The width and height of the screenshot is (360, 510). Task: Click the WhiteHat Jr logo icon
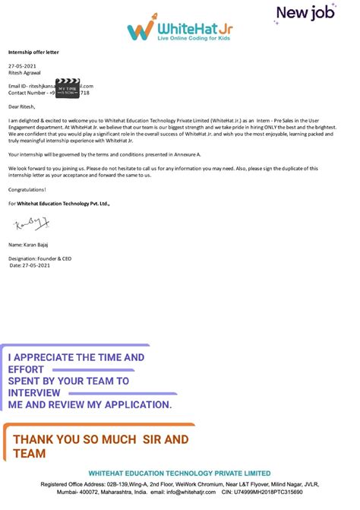coord(139,30)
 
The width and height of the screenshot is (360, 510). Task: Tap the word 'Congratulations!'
coord(27,188)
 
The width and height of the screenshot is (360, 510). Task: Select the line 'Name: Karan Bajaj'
coord(29,245)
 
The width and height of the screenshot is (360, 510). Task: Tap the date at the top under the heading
coord(22,67)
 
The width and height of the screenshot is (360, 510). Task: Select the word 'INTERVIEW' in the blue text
coord(35,392)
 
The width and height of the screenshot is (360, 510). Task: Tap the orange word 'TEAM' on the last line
coord(30,453)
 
